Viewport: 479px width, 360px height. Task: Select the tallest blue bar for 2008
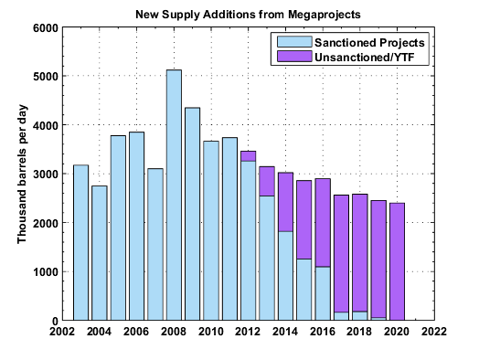coord(174,196)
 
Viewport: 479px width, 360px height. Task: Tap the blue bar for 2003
coord(80,243)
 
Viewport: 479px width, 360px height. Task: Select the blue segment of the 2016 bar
coord(323,293)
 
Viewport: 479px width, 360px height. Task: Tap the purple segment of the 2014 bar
coord(285,202)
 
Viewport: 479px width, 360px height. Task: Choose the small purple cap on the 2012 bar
coord(248,155)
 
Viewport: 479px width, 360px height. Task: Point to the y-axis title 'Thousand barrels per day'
coord(24,175)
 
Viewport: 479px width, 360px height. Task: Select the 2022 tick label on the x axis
coord(434,332)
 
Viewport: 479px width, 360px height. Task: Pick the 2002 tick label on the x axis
coord(62,332)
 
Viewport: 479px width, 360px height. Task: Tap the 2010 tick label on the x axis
coord(211,332)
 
